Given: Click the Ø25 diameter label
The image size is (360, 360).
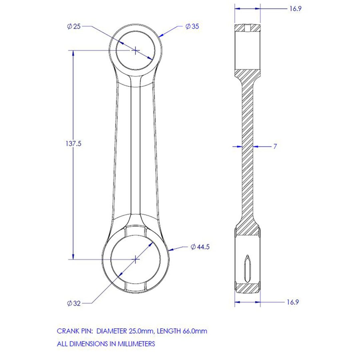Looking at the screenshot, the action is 74,26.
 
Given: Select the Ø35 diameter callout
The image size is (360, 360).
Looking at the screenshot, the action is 192,26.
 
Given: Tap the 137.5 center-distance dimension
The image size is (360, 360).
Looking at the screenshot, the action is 73,144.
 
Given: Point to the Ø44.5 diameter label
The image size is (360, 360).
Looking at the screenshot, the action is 200,247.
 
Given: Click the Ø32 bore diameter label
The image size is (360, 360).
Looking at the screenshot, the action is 74,303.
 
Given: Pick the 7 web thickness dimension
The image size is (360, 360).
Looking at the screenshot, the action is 275,146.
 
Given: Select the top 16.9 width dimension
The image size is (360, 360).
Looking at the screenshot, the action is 295,9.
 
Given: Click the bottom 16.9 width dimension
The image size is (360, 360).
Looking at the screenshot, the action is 293,302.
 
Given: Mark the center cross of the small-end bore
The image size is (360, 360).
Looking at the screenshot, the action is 136,50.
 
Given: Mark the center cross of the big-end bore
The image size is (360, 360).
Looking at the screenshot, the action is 136,259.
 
